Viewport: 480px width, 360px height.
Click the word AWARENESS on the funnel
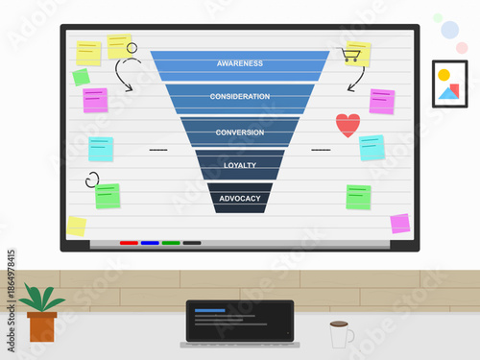239,64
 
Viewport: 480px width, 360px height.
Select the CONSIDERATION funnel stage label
239,97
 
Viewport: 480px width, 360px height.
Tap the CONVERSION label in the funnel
239,132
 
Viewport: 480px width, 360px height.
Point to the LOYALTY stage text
239,165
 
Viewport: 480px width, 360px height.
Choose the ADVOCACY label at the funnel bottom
239,199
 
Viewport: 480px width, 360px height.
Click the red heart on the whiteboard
348,125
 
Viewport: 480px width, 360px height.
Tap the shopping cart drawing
351,55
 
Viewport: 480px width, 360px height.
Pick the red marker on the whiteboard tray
129,243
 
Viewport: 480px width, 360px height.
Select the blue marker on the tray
150,243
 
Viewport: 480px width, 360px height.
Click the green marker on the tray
171,243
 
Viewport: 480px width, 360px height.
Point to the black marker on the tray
192,243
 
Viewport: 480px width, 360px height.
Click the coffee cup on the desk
340,334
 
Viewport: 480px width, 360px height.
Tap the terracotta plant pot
41,325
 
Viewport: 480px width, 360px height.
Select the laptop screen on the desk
239,321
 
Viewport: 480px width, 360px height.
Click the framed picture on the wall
449,84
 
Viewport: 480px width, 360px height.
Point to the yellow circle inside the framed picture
444,75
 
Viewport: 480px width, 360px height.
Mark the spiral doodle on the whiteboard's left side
92,179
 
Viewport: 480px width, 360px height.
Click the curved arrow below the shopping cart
356,77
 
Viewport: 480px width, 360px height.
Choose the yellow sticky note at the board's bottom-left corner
76,226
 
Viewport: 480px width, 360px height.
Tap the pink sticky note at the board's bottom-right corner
399,224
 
